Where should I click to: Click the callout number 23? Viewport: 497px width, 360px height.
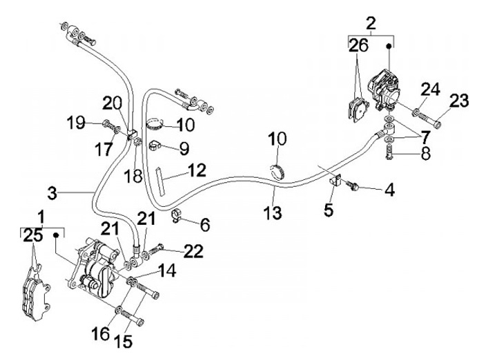(459, 101)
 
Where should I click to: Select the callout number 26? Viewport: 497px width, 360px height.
(358, 47)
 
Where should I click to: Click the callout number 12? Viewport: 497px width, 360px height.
(197, 168)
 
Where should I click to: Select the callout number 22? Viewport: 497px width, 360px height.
(194, 252)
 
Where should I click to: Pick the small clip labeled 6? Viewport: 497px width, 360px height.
(177, 217)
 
